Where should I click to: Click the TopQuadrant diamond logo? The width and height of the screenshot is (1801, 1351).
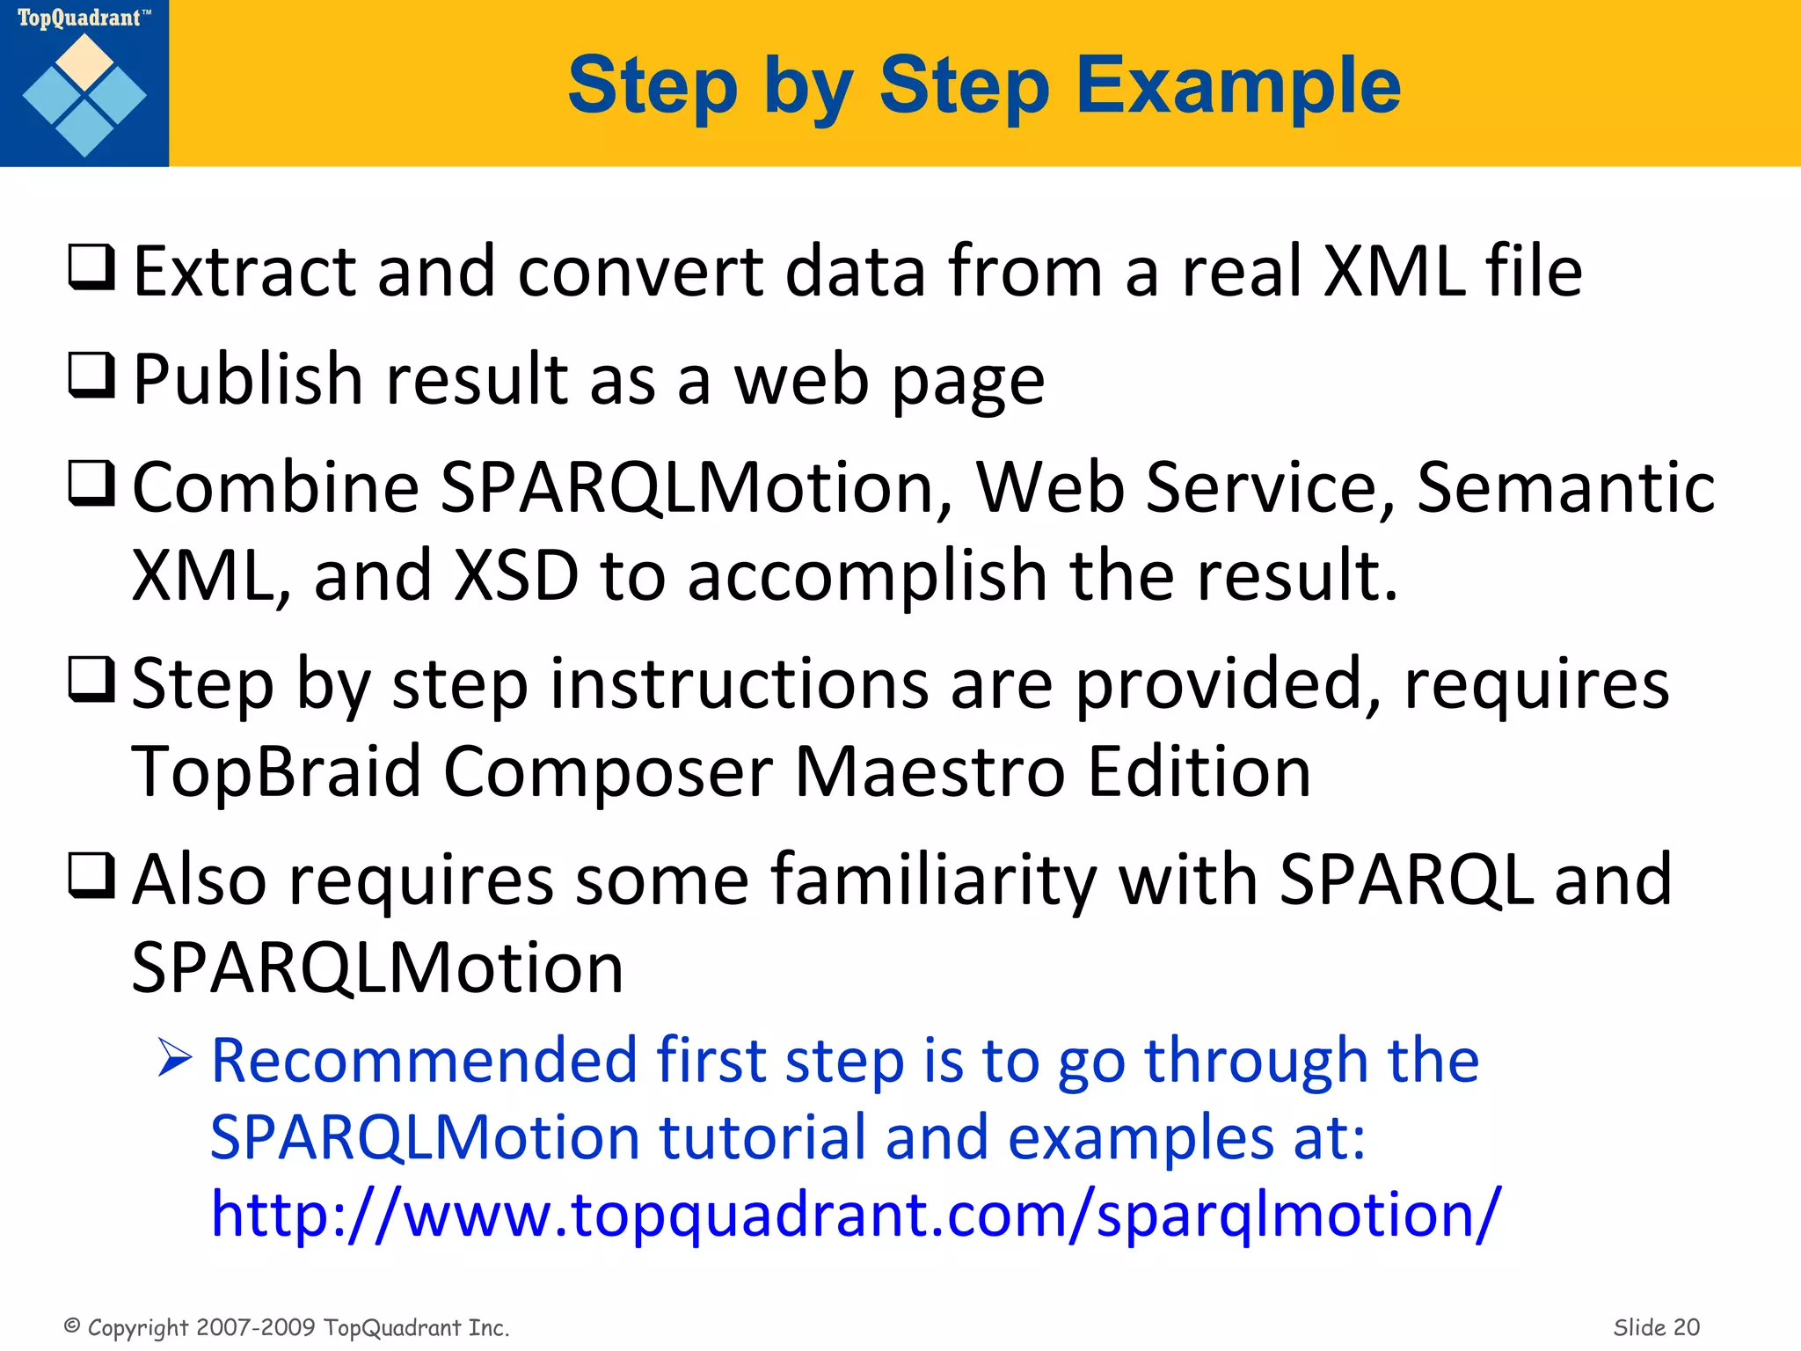click(84, 95)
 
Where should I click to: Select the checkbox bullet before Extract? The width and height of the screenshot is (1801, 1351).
click(91, 268)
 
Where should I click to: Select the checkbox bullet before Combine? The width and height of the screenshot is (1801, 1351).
click(91, 485)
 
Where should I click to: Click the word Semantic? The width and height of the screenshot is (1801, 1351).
click(1565, 487)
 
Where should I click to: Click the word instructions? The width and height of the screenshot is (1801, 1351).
click(739, 684)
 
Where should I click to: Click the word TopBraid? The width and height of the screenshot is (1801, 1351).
click(276, 772)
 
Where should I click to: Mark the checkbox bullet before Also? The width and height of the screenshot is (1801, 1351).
click(91, 876)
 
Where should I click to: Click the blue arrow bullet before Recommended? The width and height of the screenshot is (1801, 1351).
click(175, 1058)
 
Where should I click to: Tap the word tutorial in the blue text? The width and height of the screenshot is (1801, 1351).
click(762, 1137)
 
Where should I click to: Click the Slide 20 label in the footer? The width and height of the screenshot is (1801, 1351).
click(1656, 1327)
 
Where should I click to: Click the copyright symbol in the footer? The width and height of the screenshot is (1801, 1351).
click(73, 1325)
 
